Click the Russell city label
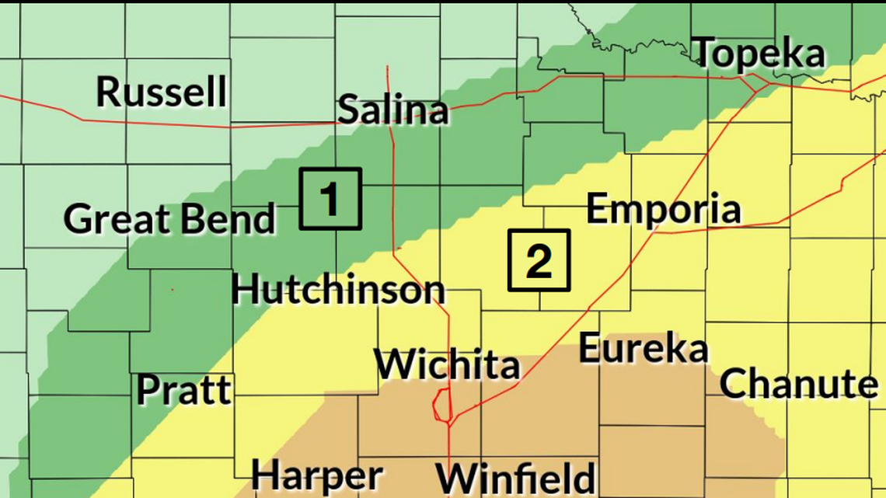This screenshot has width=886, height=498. coord(162,92)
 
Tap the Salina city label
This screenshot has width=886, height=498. coord(393,110)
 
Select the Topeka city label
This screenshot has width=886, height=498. coord(759,53)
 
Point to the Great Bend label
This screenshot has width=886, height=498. coord(169,219)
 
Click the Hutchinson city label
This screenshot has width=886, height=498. coord(338,291)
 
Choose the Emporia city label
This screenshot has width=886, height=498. coord(663,210)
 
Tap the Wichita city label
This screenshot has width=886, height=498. coord(447,364)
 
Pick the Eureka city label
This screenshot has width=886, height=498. coord(644,349)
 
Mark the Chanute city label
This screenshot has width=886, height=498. coord(798,384)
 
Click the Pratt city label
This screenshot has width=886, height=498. coord(184,390)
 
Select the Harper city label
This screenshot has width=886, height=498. coord(316,475)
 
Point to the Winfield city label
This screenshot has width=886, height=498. coord(515,478)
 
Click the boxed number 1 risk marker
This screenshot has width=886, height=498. coord(330,199)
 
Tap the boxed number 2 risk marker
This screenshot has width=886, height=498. coord(539,260)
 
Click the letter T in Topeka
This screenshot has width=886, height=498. coord(705,53)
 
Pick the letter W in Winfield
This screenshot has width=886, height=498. coord(453,478)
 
